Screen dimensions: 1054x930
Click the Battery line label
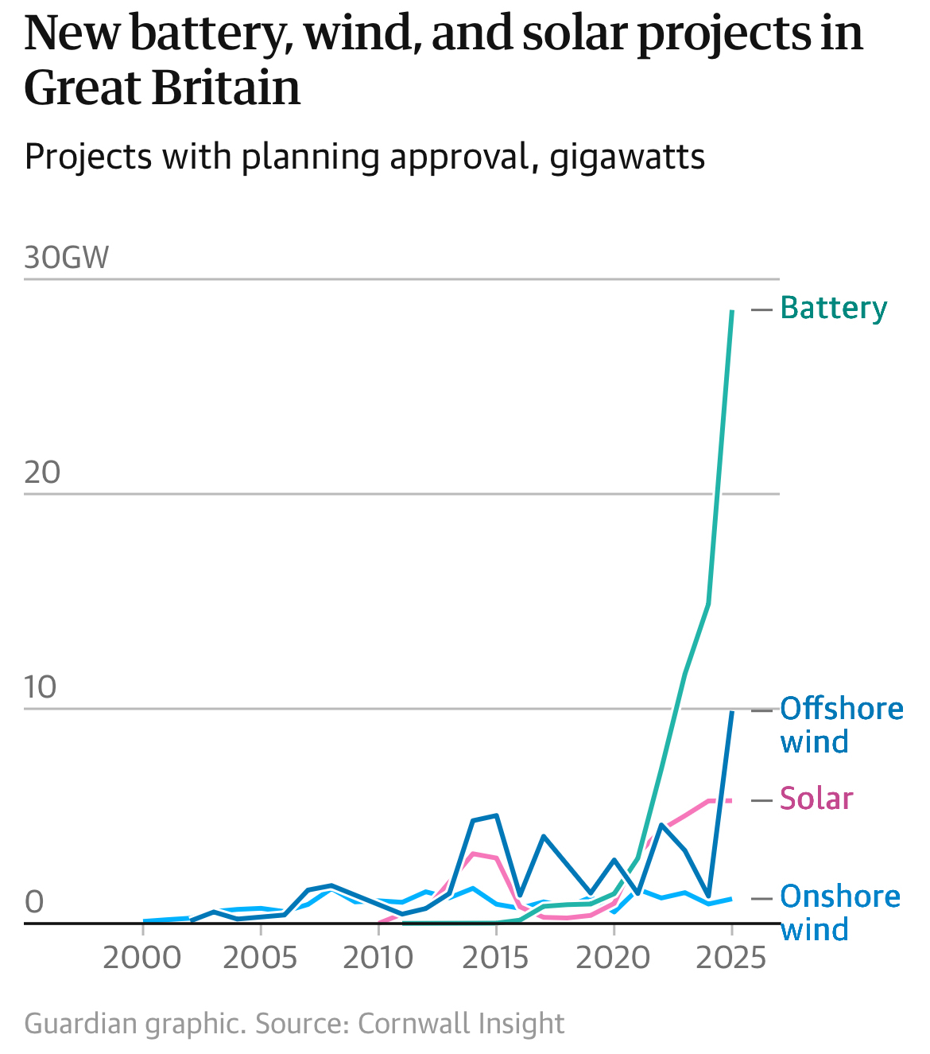[833, 308]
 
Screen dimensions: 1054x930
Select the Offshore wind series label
[841, 725]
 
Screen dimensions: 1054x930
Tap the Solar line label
[816, 799]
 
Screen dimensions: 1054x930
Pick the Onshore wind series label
[839, 912]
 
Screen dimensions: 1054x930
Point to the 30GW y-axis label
[67, 259]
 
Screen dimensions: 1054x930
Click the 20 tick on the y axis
[42, 473]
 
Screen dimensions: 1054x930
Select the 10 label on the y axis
[41, 687]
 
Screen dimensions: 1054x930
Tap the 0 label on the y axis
[34, 902]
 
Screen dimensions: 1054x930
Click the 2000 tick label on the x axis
[142, 958]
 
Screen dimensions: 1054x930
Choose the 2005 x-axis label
[260, 958]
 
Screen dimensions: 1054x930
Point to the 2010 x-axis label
[378, 958]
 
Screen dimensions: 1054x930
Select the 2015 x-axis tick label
[495, 958]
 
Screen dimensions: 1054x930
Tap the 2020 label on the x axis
[613, 958]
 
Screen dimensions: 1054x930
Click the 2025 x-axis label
[730, 958]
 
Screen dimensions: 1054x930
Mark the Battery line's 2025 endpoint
[732, 311]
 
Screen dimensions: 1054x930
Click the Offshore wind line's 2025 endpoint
[732, 712]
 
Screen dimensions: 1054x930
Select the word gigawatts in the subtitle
[627, 157]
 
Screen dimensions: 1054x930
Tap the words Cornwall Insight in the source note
[461, 1023]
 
